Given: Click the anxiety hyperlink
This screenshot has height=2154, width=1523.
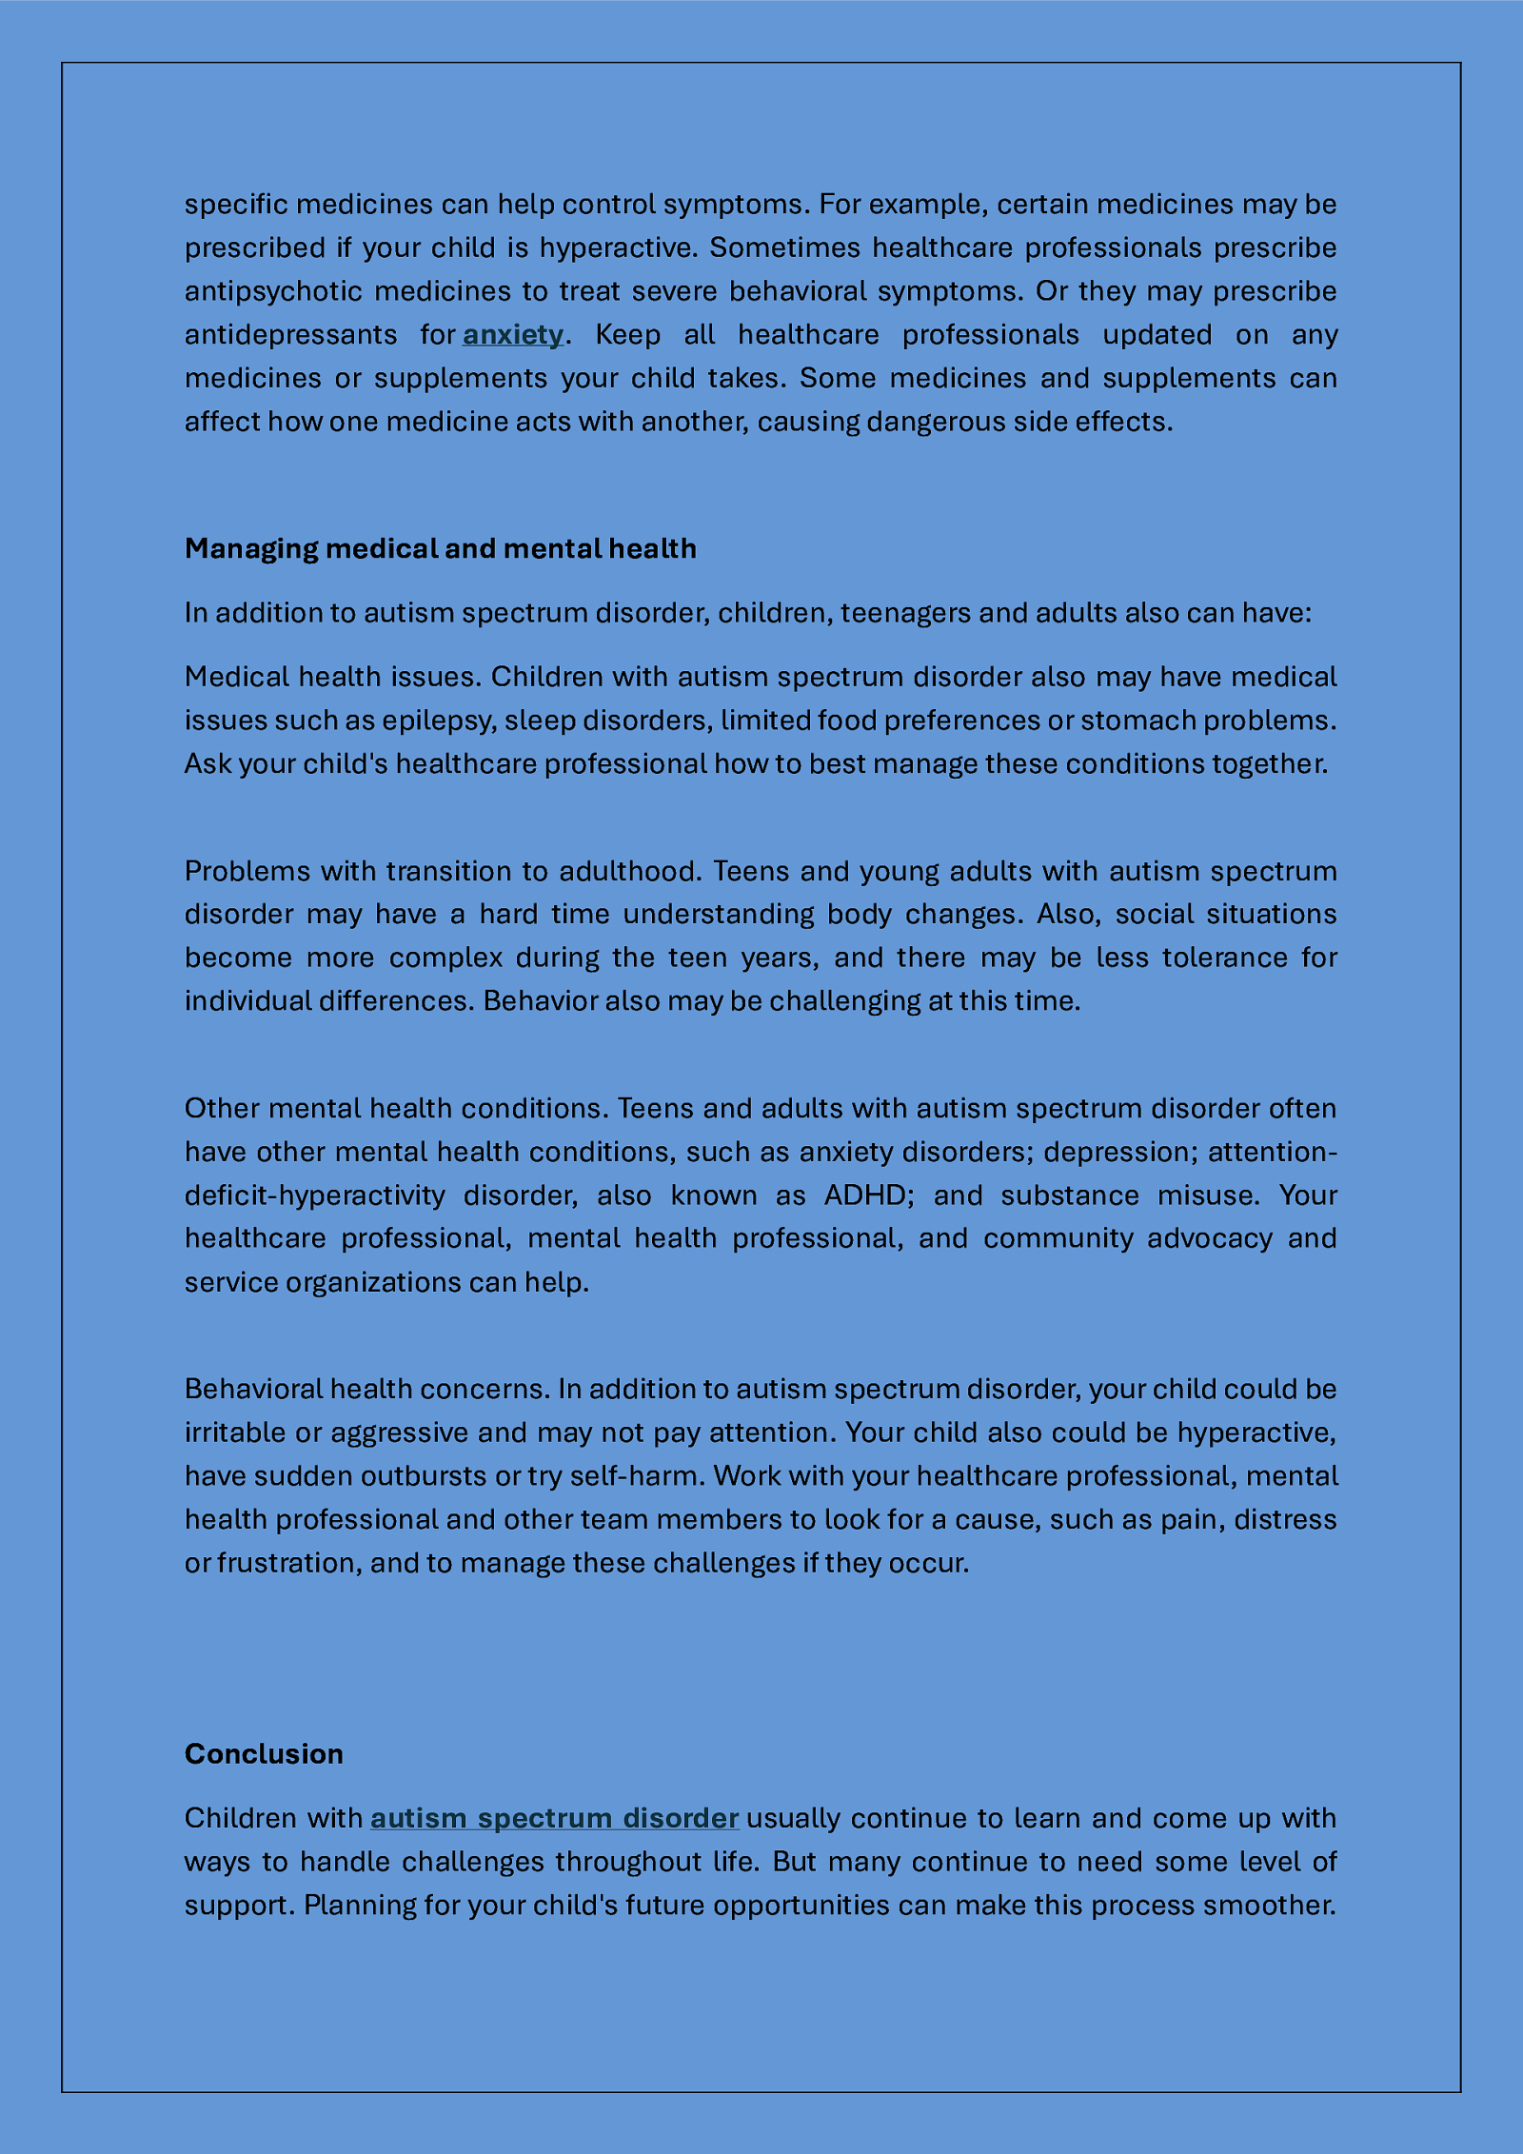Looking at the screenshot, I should (513, 335).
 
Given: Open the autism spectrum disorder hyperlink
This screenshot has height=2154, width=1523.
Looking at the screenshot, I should (554, 1818).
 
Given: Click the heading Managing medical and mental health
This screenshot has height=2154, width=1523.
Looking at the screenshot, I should (440, 548).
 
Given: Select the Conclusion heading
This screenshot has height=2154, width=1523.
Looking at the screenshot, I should (264, 1753).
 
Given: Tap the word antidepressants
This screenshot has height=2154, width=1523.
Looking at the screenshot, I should (290, 335).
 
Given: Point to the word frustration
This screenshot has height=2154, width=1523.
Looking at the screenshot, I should (287, 1563).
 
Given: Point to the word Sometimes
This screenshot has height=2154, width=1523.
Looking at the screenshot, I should (784, 247).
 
